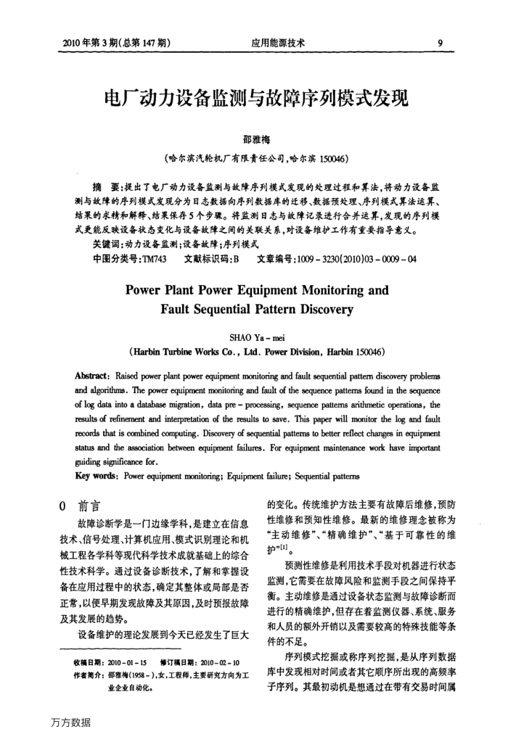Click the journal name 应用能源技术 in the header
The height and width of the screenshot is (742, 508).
278,43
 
